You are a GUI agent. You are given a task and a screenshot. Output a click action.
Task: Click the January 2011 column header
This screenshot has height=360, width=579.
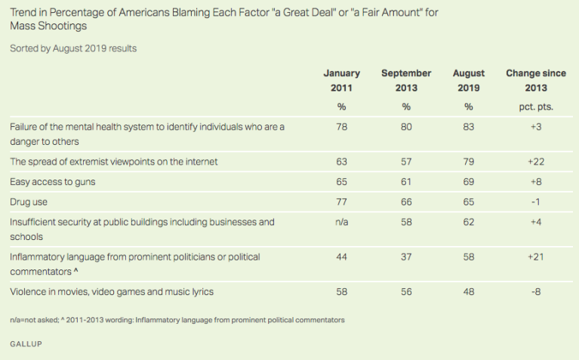coord(341,80)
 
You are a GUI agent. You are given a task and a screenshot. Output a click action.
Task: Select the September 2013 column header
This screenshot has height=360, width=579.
coord(406,80)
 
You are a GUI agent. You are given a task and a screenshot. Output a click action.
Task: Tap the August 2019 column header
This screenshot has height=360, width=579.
coord(468,80)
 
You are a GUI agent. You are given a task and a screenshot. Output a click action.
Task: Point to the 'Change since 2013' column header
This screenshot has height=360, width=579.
coord(535,80)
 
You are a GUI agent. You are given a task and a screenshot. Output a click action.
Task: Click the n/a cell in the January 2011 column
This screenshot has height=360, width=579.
coord(341,222)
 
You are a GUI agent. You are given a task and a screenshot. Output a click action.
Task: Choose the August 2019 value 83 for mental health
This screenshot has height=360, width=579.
coord(468,128)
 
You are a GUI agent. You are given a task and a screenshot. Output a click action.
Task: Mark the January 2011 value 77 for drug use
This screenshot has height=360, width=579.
coord(341,202)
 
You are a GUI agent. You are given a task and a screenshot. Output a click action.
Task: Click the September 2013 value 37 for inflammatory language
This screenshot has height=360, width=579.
coord(406,257)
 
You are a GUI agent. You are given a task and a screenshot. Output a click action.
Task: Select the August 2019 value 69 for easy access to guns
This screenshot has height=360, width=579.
coord(468,183)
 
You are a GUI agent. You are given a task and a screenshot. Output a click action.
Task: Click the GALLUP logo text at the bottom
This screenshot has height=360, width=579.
coord(26,343)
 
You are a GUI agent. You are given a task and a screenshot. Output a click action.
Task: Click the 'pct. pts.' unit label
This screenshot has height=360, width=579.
coord(535,106)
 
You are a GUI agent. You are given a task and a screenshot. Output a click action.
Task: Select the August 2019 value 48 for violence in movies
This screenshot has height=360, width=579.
coord(468,291)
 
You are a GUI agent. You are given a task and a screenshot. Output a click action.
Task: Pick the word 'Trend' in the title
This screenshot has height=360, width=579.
coord(23,11)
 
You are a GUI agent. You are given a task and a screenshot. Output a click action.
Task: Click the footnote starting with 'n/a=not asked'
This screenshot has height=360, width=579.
coord(177,320)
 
